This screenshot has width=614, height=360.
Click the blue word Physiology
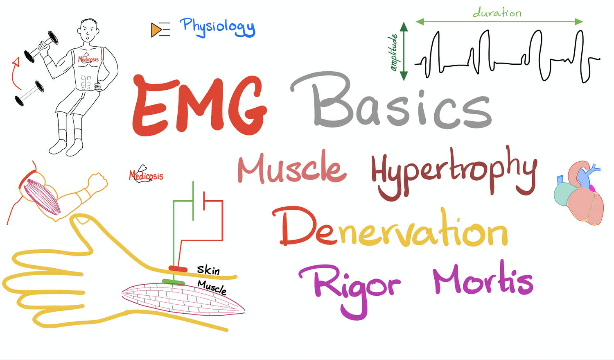coord(217,27)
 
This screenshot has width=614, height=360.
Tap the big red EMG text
coord(199,106)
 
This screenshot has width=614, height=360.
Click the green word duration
coord(497,12)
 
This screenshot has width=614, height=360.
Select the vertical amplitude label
coord(394,53)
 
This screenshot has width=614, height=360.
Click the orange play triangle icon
coord(156,30)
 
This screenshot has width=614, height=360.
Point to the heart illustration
coord(579,193)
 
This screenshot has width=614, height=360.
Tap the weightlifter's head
coord(88,30)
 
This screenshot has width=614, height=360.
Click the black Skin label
coord(208,270)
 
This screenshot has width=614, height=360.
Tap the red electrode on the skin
coord(178,269)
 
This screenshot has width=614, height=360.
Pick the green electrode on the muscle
coord(173,282)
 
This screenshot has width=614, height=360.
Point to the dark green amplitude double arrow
coord(404,51)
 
